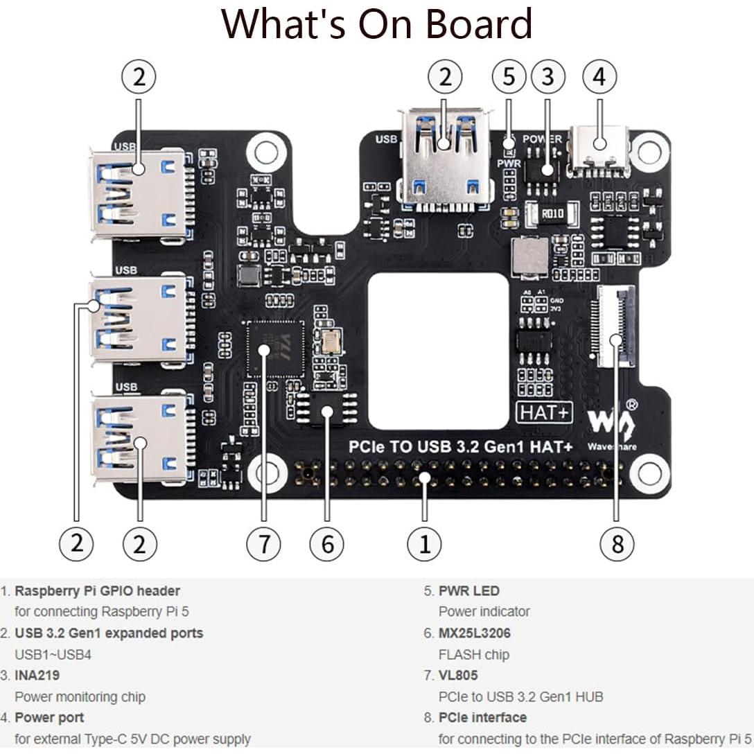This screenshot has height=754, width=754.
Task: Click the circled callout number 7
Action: pyautogui.click(x=263, y=543)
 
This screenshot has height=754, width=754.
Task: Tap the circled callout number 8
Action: pyautogui.click(x=617, y=543)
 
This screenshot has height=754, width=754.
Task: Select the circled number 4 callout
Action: pyautogui.click(x=599, y=77)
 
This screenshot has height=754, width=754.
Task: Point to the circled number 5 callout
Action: pyautogui.click(x=509, y=77)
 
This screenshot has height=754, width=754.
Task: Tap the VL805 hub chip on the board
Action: pyautogui.click(x=276, y=349)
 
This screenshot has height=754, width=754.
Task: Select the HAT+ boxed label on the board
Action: pyautogui.click(x=545, y=412)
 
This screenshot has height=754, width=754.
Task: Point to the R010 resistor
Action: pyautogui.click(x=552, y=213)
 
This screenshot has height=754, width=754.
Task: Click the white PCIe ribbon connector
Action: pyautogui.click(x=615, y=326)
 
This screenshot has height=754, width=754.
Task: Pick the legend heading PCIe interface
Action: pyautogui.click(x=482, y=717)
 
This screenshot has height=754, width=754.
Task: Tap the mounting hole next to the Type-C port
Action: pyautogui.click(x=649, y=148)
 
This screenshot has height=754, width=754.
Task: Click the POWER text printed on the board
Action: pyautogui.click(x=542, y=139)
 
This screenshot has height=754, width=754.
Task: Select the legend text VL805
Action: pyautogui.click(x=458, y=675)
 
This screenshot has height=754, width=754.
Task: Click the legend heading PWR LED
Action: pyautogui.click(x=468, y=591)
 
